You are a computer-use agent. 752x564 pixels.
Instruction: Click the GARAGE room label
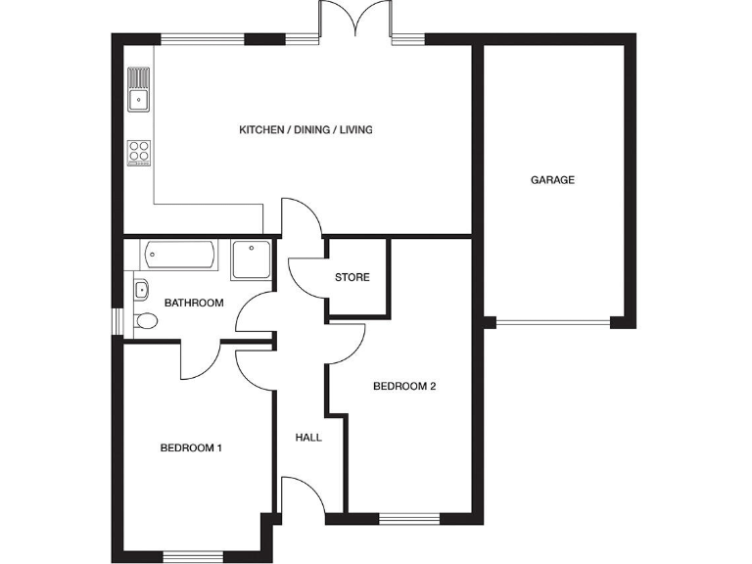pos(552,180)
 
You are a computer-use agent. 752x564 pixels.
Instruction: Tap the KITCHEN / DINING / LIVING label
pos(306,130)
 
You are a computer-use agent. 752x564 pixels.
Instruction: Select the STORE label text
pos(352,278)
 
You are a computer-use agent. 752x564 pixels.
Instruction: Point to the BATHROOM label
pos(194,304)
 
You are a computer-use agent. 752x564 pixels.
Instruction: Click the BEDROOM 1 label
pos(192,448)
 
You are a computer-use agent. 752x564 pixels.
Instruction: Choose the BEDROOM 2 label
pos(404,387)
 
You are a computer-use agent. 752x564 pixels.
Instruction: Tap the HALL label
pos(308,438)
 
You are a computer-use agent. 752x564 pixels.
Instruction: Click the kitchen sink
pos(139,89)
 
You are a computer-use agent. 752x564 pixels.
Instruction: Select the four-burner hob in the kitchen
pos(139,152)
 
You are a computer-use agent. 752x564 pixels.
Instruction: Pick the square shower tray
pos(253,260)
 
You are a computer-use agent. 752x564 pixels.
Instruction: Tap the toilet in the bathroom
pos(145,320)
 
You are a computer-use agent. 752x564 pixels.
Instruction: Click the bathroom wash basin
pos(141,289)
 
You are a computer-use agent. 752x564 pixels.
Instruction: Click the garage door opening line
pos(552,322)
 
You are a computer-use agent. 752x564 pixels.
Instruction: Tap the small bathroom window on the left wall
pos(117,322)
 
